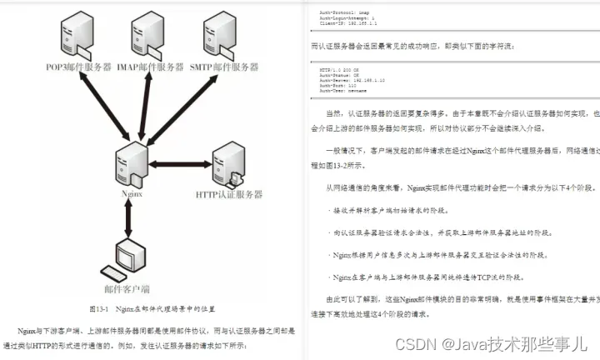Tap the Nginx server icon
131,165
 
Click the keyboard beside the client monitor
109,271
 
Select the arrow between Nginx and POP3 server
97,111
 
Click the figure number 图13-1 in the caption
99,307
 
